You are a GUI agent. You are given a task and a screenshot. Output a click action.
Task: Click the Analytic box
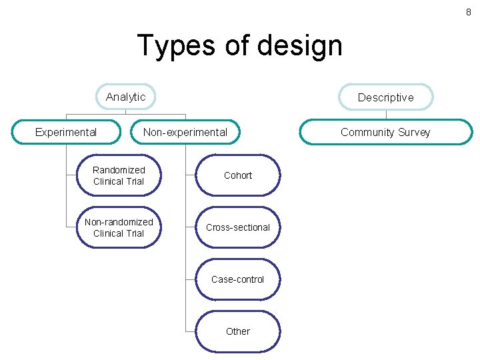[x=125, y=97]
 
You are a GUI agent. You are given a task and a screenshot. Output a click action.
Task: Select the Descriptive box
[x=385, y=97]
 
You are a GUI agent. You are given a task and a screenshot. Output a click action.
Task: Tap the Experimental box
[x=66, y=132]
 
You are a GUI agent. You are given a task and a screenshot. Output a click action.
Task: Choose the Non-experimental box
[x=185, y=132]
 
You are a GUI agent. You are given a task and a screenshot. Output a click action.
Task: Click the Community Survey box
[x=385, y=132]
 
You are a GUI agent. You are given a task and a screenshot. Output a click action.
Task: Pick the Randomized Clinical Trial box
[x=119, y=175]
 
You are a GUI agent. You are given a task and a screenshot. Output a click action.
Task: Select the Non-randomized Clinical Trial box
[x=119, y=227]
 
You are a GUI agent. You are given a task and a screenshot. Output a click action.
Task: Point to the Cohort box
[x=238, y=175]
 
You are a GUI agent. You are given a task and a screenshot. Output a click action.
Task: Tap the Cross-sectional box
[x=238, y=227]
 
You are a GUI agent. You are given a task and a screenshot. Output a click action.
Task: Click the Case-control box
[x=238, y=279]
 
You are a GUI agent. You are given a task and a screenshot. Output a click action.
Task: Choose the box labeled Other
[x=238, y=331]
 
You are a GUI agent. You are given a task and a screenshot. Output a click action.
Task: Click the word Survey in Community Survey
[x=414, y=132]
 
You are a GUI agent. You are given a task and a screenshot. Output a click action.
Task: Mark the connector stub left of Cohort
[x=191, y=175]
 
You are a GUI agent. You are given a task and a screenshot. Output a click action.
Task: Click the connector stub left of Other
[x=191, y=331]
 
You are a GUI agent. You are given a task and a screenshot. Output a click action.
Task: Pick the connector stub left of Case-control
[x=191, y=279]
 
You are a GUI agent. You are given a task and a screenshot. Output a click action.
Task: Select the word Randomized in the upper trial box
[x=119, y=170]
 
